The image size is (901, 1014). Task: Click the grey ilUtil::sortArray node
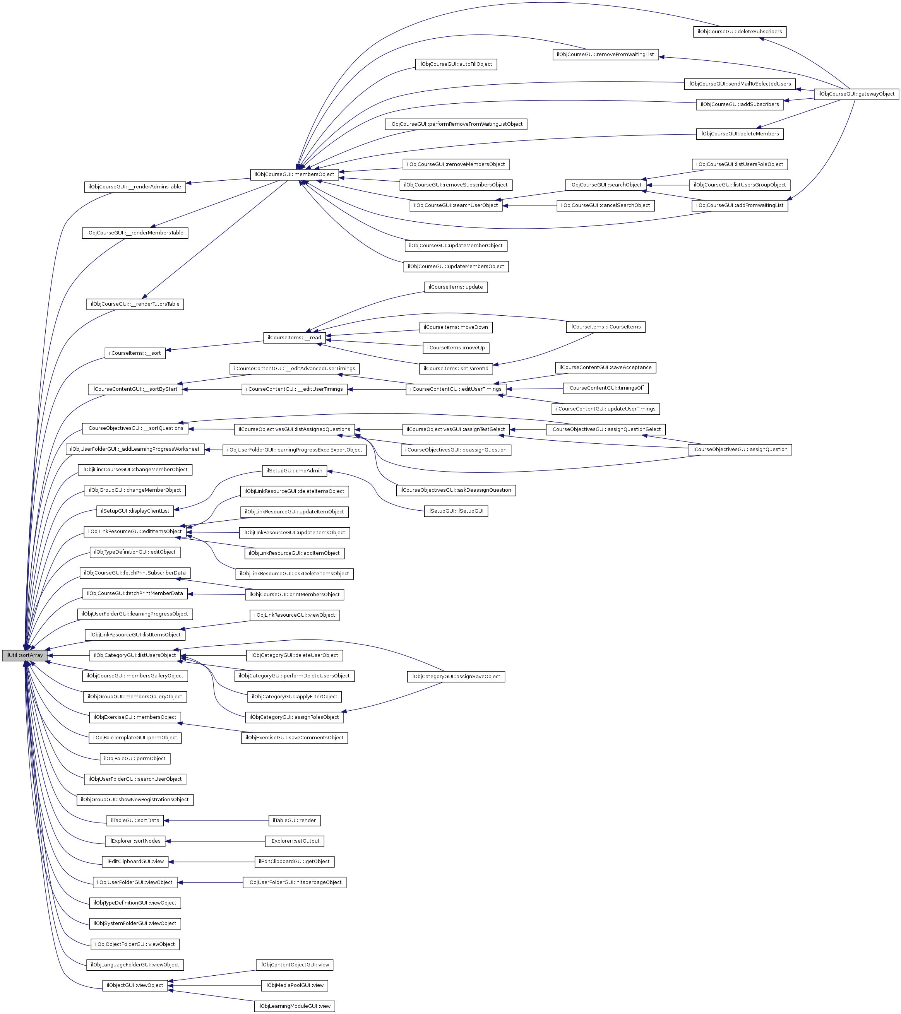click(24, 655)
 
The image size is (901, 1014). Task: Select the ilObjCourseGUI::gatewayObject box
click(856, 94)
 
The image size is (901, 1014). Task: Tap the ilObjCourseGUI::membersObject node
click(294, 174)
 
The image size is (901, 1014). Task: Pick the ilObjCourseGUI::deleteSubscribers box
click(739, 32)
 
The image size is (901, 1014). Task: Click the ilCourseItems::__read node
click(294, 338)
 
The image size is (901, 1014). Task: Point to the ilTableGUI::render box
click(294, 821)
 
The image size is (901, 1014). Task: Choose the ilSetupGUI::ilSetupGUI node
click(456, 511)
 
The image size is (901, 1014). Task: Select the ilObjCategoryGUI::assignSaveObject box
click(456, 677)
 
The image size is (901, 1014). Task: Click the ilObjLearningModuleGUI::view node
click(294, 1006)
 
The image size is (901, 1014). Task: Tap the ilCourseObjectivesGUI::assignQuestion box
click(739, 450)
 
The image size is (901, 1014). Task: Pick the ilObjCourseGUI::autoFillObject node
click(456, 65)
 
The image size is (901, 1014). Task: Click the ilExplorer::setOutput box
click(294, 841)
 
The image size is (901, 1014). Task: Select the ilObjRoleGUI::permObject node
click(135, 759)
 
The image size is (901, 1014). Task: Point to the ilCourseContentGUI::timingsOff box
click(605, 388)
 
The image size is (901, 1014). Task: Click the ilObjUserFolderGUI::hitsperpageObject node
click(294, 882)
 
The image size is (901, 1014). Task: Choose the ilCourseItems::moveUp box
click(456, 348)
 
